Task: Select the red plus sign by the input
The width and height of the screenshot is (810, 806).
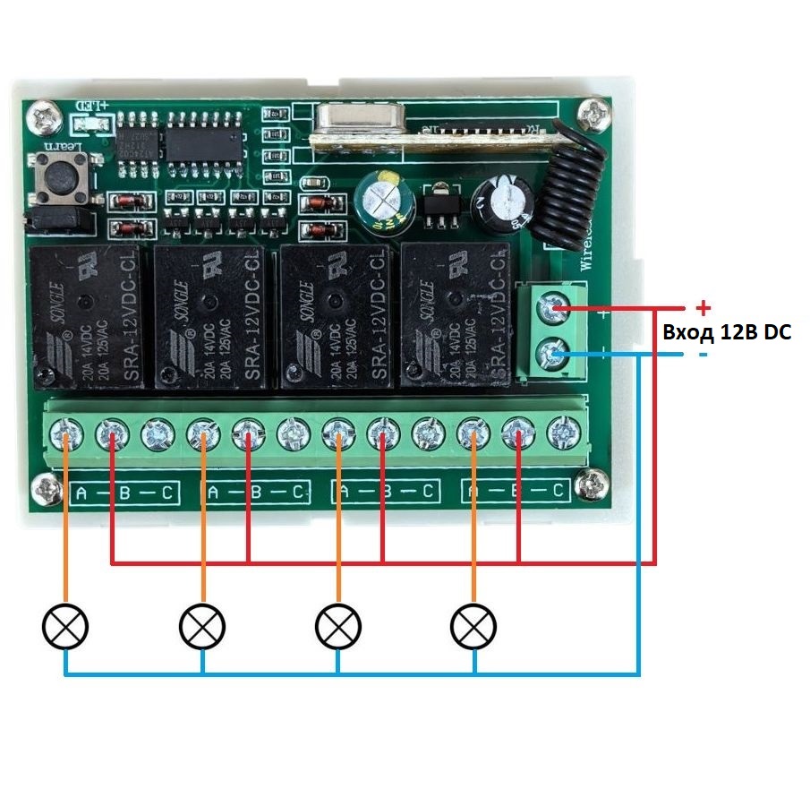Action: click(703, 308)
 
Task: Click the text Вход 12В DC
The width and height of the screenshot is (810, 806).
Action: click(727, 332)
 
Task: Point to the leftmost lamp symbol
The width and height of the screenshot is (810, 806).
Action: click(66, 626)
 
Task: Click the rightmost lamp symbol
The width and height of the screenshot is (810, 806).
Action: click(473, 626)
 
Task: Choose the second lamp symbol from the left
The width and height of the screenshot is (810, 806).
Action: click(203, 626)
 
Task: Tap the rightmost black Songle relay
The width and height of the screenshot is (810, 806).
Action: click(456, 315)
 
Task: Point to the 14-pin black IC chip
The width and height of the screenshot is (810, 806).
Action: click(205, 140)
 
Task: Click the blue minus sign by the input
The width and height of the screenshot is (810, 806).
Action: click(703, 356)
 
